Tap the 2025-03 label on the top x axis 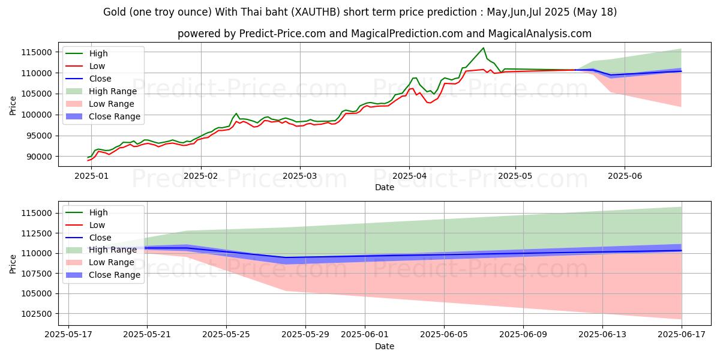tap(299, 177)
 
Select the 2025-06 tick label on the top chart tap(625, 177)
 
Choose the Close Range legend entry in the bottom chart tap(114, 275)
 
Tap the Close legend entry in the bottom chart tap(99, 238)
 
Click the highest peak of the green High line tap(483, 48)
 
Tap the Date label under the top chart tap(385, 187)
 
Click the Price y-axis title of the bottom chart tap(14, 263)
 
